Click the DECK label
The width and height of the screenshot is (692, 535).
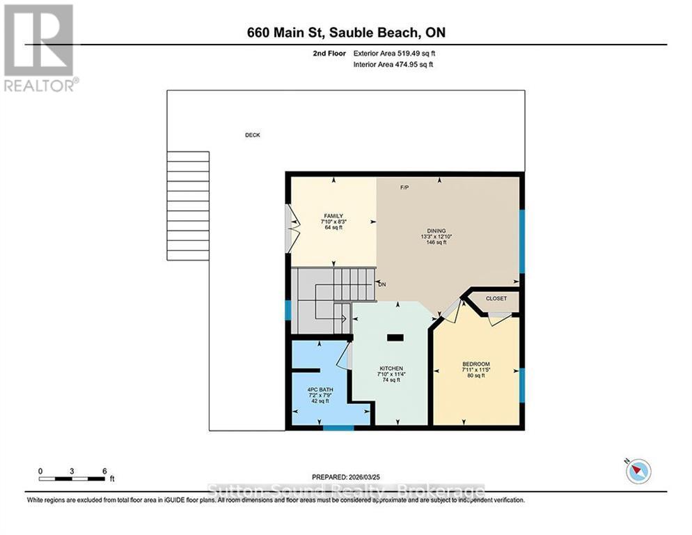click(x=252, y=135)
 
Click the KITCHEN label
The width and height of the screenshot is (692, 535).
click(x=391, y=369)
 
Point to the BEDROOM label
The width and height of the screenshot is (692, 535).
click(x=476, y=364)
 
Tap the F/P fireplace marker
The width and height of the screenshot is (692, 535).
click(x=404, y=188)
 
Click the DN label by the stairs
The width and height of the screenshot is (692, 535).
click(x=382, y=284)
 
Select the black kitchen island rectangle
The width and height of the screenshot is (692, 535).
click(x=395, y=337)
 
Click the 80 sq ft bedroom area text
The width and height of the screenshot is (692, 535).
click(x=476, y=376)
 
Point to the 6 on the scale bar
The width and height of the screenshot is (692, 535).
click(x=104, y=471)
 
